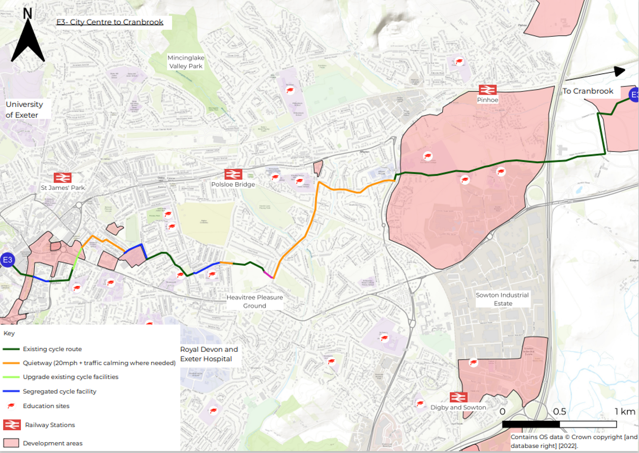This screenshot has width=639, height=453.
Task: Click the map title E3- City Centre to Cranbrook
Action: [x=109, y=22]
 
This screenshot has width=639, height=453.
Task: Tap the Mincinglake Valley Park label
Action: [x=185, y=62]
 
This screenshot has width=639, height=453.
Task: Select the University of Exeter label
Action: [x=24, y=109]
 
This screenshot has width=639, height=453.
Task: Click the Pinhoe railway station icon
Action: [x=487, y=90]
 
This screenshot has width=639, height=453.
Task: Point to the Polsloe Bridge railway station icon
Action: [x=233, y=174]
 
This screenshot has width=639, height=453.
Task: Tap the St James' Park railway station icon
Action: [x=63, y=178]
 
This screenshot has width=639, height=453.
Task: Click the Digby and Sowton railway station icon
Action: [x=458, y=397]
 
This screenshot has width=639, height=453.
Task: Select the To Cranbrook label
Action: [x=588, y=91]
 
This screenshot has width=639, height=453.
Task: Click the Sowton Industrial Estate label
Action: [x=502, y=299]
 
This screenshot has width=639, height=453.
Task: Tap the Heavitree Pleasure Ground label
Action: [x=254, y=301]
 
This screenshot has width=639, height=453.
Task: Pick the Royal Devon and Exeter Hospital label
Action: [x=209, y=354]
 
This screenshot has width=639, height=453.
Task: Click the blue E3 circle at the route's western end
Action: [x=8, y=261]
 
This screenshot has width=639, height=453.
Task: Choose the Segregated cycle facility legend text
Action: [x=60, y=391]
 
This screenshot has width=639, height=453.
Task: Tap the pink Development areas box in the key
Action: [x=11, y=443]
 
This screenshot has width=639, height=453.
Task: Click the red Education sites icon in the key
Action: [x=11, y=406]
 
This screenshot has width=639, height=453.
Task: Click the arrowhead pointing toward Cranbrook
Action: [x=620, y=71]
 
